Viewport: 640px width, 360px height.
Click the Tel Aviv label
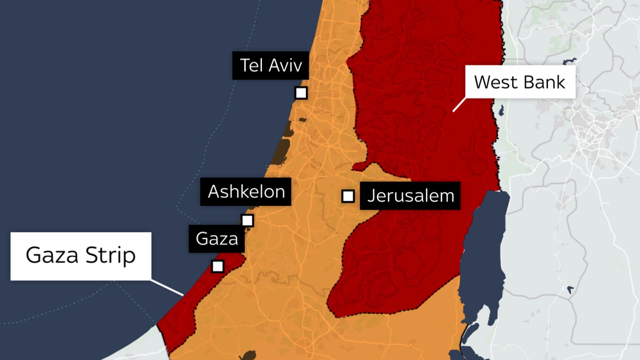click(270, 65)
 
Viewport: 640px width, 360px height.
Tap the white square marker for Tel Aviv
click(301, 93)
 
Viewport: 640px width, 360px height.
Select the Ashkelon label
click(246, 192)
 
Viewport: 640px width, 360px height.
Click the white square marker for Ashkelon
click(247, 220)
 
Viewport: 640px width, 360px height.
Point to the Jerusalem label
click(410, 196)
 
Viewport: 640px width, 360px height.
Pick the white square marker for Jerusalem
click(348, 196)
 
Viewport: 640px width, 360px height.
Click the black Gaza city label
click(216, 239)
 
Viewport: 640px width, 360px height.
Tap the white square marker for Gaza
click(218, 266)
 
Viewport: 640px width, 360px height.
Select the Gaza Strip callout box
click(81, 256)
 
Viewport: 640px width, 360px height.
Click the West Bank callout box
click(520, 82)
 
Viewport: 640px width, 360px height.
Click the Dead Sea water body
click(482, 256)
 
